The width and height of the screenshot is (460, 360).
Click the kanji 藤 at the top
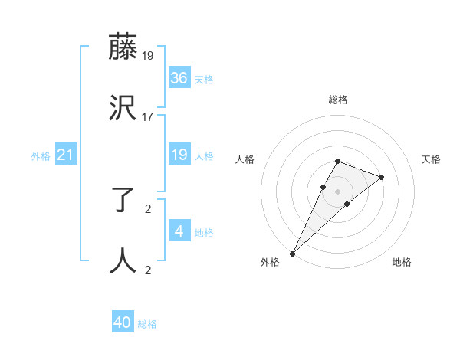click(123, 47)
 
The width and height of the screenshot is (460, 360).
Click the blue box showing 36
click(179, 78)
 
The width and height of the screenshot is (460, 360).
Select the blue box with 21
click(66, 155)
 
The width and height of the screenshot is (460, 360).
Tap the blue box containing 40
click(123, 323)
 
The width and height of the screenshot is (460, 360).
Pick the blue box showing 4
click(179, 231)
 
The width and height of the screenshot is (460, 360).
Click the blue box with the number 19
click(179, 155)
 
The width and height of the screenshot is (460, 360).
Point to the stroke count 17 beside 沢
click(148, 117)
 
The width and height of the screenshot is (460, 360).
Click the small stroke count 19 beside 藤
click(148, 56)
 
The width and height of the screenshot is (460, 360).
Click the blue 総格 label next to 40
click(148, 324)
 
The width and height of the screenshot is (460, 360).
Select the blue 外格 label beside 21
click(41, 156)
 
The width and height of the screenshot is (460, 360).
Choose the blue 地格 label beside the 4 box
click(204, 233)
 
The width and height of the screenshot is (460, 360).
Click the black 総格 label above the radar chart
click(337, 100)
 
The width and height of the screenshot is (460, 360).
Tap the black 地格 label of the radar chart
click(402, 263)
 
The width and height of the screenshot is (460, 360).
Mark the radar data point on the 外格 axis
click(292, 253)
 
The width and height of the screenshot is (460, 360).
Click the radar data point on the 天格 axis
click(381, 177)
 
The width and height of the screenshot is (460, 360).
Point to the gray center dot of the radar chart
click(337, 191)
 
